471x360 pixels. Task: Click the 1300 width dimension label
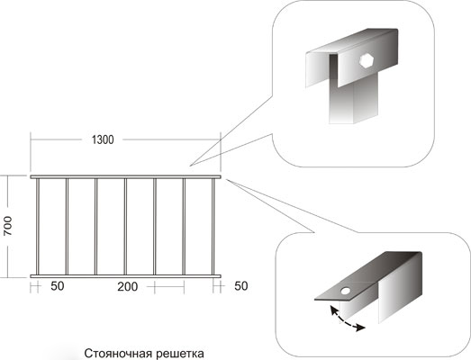(103, 139)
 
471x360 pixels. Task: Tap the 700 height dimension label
(8, 226)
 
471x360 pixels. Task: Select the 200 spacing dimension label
(128, 287)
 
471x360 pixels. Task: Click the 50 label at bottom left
(58, 286)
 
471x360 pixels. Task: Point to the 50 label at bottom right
(241, 286)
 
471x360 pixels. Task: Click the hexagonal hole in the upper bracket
(367, 60)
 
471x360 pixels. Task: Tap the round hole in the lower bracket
(346, 291)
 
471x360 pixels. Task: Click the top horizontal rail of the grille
(125, 176)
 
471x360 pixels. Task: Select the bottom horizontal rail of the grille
(125, 276)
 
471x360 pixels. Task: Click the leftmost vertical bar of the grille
(38, 227)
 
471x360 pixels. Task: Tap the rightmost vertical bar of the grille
(213, 227)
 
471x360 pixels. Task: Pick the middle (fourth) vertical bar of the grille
(125, 227)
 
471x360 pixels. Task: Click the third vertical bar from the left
(95, 227)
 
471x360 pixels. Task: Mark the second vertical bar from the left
(67, 227)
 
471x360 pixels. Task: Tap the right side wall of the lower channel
(400, 288)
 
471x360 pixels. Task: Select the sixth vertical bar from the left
(184, 227)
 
